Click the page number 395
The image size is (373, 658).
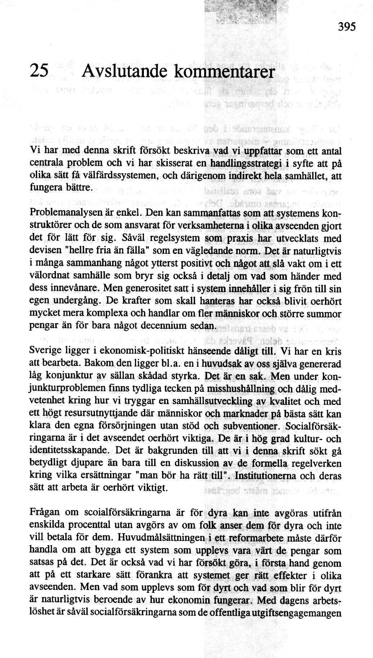347,27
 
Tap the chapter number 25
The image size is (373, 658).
39,71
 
